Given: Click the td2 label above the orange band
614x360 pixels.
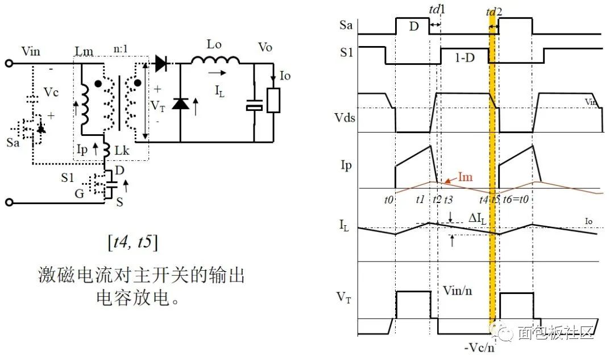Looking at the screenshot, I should (x=493, y=11).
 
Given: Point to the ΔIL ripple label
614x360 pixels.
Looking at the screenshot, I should (x=478, y=218).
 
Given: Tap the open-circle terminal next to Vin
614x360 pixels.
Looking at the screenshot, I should (x=9, y=64).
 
